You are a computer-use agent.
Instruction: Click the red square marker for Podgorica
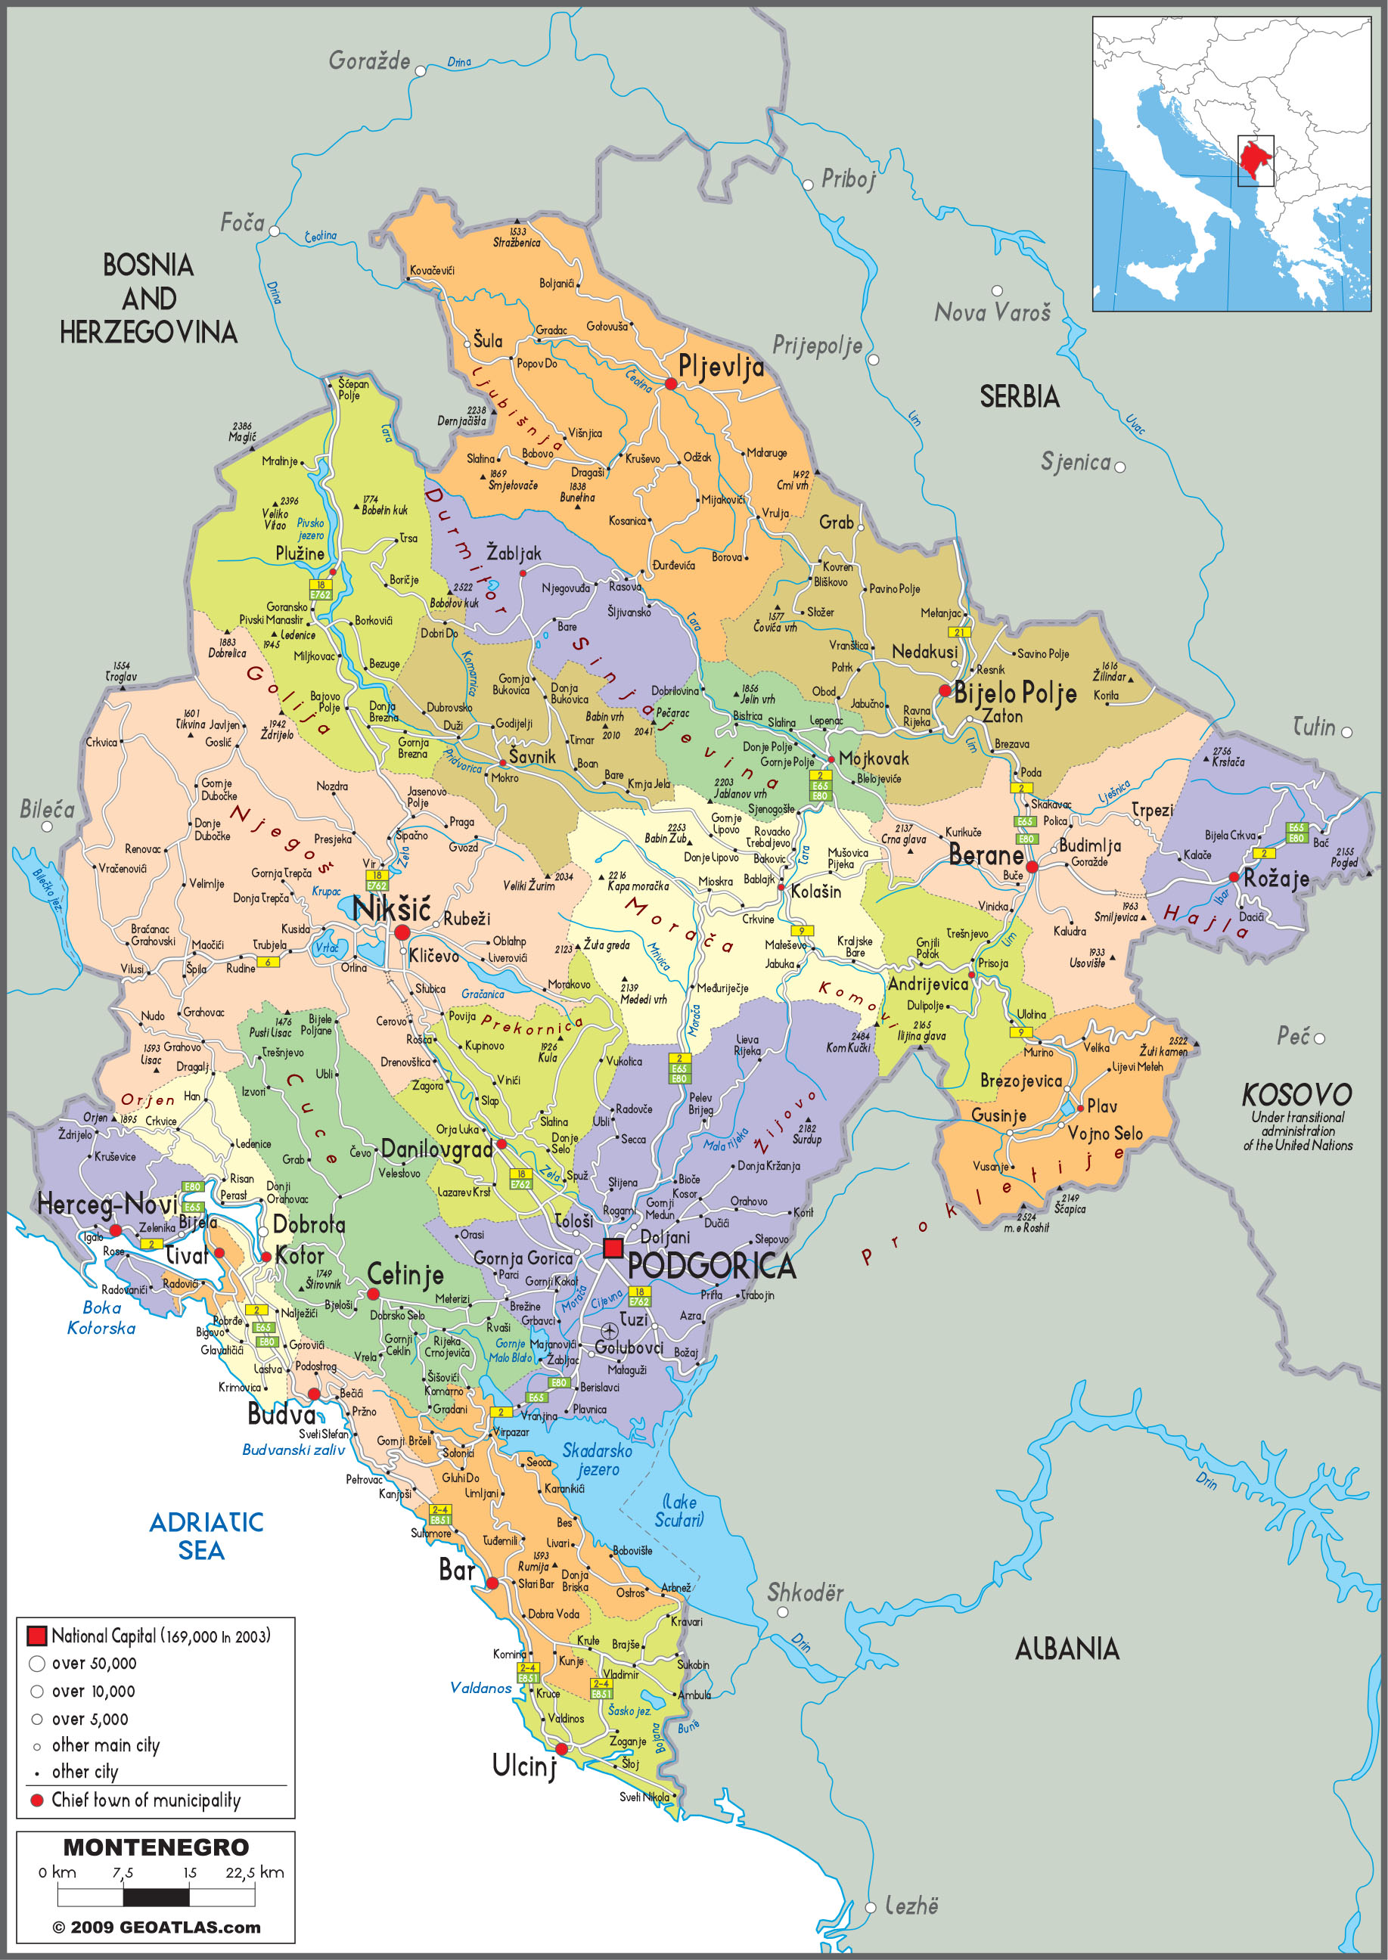point(612,1248)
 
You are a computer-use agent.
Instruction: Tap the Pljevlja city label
point(721,367)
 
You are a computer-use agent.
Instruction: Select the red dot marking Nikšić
point(402,932)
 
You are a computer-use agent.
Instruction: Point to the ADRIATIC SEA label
point(205,1535)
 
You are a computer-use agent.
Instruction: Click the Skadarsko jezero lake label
point(598,1459)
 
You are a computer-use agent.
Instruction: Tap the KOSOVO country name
point(1296,1094)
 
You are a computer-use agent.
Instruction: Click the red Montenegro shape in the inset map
point(1255,159)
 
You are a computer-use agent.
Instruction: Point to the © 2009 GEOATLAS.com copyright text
point(157,1927)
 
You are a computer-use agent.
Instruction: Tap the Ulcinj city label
point(523,1765)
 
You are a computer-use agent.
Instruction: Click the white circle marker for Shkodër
point(782,1612)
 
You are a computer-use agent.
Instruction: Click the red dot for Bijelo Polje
point(945,690)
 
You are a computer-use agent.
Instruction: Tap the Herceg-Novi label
point(107,1205)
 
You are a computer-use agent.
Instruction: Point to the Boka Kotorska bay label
point(101,1317)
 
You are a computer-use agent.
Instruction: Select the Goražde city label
point(369,60)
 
